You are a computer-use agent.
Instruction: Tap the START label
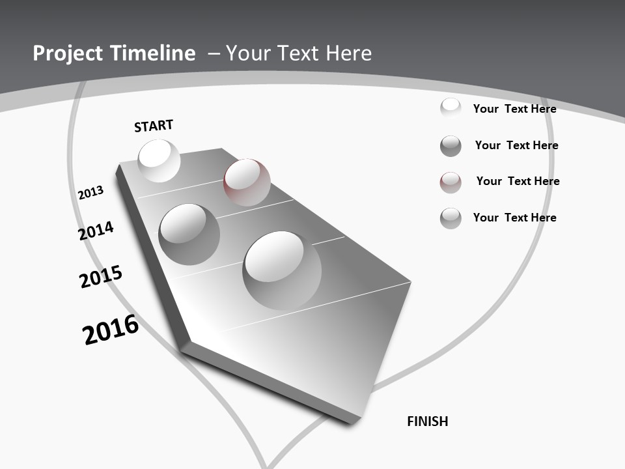coord(154,126)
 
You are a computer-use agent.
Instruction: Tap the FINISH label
coord(428,421)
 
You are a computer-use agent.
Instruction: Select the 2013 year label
coord(90,193)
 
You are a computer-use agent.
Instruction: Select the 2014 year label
coord(96,231)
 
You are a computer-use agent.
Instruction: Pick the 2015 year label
coord(101,276)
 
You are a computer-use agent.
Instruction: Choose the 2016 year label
coord(111,330)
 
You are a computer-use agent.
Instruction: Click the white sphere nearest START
coord(159,160)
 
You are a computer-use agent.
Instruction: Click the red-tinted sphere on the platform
coord(247,182)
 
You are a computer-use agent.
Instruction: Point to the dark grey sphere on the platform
coord(189,234)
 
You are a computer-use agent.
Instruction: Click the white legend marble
coord(451,108)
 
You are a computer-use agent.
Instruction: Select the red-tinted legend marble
coord(451,182)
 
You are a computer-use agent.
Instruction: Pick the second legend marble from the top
coord(451,146)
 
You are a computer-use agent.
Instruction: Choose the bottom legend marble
coord(451,218)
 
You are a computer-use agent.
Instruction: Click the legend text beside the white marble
coord(514,109)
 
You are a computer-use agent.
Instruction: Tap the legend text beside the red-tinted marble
coord(518,181)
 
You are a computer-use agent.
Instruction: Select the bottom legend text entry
coord(514,218)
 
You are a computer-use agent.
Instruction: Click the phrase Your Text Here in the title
coord(299,53)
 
